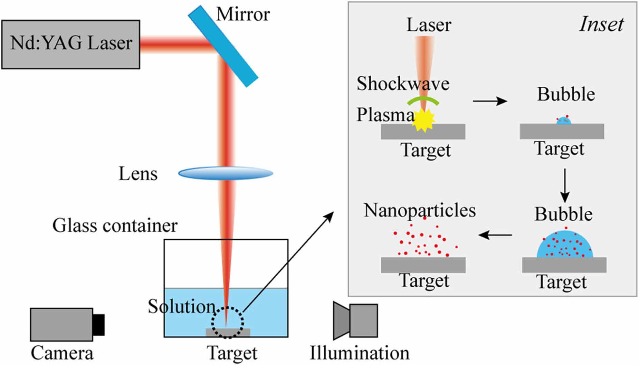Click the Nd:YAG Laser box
point(71,44)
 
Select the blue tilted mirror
point(223,46)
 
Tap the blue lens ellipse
point(226,173)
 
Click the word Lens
point(138,174)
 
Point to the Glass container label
point(115,225)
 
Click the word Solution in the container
point(182,306)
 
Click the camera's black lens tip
point(99,324)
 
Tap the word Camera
point(62,353)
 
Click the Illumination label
point(359,353)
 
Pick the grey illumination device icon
point(355,321)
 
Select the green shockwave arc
point(423,100)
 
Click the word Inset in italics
point(601,25)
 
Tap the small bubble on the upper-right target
point(564,121)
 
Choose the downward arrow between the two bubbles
point(565,185)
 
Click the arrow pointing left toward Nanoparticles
point(495,235)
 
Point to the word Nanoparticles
point(420,210)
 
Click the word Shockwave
point(403,84)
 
